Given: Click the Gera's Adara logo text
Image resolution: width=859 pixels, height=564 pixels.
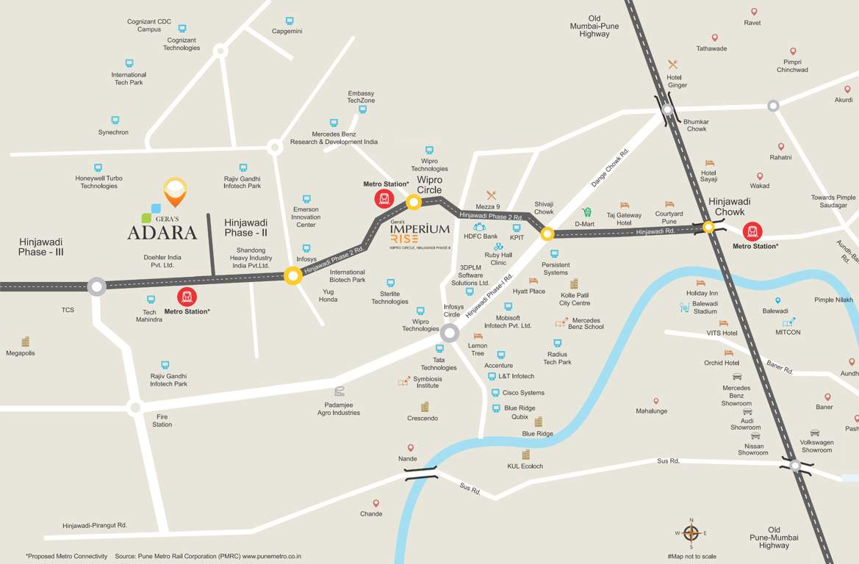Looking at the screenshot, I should [162, 232].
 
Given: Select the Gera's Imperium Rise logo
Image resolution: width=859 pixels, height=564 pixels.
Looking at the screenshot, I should [419, 234].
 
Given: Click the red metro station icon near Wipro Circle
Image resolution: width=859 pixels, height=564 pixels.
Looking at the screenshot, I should [384, 198].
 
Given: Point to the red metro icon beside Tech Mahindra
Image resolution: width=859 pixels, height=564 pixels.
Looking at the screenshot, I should [187, 297].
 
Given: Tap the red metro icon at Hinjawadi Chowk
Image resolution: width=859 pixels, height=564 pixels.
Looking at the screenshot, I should [752, 231].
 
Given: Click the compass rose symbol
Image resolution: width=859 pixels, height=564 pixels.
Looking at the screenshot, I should [691, 533].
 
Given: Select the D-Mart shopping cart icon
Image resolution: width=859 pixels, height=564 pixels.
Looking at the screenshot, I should [586, 212].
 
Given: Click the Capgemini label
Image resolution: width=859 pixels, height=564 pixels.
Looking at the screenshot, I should [287, 32].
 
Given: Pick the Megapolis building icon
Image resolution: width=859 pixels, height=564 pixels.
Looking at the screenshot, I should [26, 341].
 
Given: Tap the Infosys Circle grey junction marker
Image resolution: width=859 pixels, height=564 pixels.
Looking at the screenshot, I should [450, 333].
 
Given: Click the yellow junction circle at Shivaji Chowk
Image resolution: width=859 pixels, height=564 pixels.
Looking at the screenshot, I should [547, 234].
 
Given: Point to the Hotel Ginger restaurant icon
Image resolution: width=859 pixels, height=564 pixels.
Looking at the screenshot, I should [672, 65].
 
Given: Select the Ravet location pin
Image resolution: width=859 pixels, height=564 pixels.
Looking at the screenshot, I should [753, 12].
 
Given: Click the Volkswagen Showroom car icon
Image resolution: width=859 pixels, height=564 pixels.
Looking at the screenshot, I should [815, 433].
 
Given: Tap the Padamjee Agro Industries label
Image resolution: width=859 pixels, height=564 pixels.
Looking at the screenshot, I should [339, 408].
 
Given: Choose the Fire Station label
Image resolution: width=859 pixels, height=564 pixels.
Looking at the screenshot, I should [162, 420].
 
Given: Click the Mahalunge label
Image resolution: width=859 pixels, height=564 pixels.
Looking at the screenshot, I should [652, 411].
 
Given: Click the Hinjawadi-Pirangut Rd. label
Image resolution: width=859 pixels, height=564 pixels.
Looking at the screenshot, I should [95, 525].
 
